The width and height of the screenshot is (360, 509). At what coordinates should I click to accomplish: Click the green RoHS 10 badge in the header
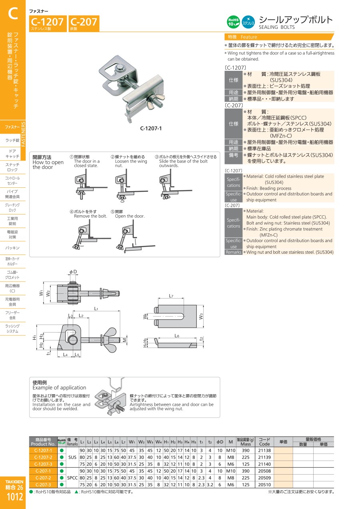pos(233,22)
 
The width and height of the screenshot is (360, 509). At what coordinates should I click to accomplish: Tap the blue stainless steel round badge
pos(248,22)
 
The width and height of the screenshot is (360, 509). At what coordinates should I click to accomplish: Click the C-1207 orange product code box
pos(48,24)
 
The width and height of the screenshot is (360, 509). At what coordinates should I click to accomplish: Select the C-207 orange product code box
pos(84,24)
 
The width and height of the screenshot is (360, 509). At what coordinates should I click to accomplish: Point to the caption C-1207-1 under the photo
pos(151,128)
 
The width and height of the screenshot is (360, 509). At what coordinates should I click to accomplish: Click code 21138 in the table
pos(264,450)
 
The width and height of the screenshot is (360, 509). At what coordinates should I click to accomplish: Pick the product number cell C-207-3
pos(43,485)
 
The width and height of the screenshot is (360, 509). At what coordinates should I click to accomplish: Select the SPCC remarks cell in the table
pos(72,478)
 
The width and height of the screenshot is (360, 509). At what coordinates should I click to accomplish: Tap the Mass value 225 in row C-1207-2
pos(246,457)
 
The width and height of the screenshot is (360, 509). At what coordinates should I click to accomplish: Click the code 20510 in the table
pos(264,485)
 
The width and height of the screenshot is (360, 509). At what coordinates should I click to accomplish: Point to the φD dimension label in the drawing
pos(73,272)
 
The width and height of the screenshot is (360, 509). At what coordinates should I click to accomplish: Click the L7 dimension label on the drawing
pos(171,296)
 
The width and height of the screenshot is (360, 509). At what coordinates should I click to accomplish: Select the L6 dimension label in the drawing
pos(177,336)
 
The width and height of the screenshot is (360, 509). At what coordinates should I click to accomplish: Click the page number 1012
pos(15,497)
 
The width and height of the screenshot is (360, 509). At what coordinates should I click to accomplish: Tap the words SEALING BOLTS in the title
pos(277,27)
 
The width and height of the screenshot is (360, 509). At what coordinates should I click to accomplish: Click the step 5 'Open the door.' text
pos(130,216)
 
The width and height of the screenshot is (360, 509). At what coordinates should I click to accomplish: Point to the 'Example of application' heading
pos(59,387)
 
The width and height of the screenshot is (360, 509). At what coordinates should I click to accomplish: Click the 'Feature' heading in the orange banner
pos(249,37)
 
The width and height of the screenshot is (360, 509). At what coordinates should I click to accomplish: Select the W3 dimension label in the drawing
pos(201,316)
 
